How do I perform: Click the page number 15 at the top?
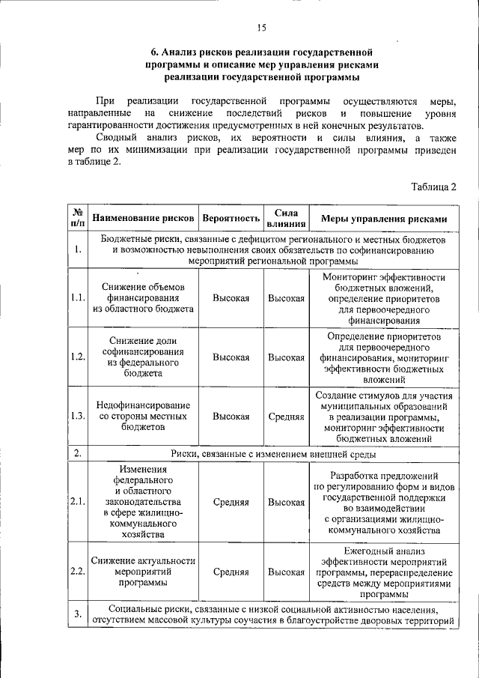point(261,28)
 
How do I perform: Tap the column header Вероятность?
point(231,219)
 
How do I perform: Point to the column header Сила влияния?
point(286,219)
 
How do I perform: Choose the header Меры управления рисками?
point(384,219)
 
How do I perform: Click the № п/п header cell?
point(77,219)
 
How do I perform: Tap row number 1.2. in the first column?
point(77,357)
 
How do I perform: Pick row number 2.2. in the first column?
point(77,572)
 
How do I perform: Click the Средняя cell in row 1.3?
point(286,416)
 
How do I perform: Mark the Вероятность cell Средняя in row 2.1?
point(231,502)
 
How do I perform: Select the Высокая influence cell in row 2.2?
point(286,572)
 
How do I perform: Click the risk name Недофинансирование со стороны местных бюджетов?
point(142,416)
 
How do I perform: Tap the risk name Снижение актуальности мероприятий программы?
point(142,571)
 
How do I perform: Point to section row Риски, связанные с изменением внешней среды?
point(272,454)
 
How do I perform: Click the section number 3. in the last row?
point(77,614)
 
